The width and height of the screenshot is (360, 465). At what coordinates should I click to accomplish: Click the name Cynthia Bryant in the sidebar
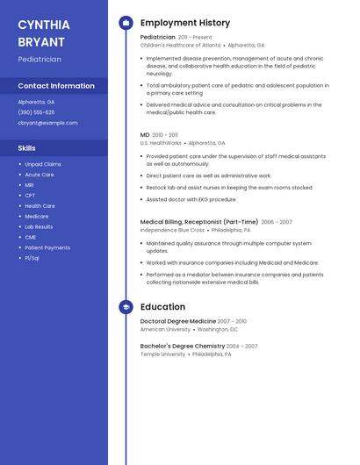pos(44,33)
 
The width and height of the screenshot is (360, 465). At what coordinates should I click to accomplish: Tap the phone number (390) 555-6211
pos(36,112)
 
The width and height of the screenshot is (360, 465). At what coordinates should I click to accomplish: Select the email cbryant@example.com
pos(47,123)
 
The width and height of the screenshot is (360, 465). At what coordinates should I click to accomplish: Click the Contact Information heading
pos(56,86)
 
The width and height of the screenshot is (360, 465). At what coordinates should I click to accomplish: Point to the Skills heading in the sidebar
pos(26,148)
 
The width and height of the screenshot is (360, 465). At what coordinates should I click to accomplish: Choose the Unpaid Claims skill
pos(43,164)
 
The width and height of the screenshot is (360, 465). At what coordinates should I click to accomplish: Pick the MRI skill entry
pos(29,185)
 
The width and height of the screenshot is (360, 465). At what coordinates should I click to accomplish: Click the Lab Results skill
pos(39,226)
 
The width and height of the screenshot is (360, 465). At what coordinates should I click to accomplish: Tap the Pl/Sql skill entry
pos(32,258)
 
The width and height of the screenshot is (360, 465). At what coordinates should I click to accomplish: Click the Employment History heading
pos(185,23)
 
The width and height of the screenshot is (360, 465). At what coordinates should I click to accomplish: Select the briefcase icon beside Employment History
pos(126,23)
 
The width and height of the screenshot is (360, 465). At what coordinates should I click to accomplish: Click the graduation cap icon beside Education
pos(126,307)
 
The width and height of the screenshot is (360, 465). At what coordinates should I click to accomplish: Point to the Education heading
pos(162,307)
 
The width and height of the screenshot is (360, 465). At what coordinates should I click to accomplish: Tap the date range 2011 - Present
pos(195,38)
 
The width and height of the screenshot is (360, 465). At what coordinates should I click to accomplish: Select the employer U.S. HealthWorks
pos(161,142)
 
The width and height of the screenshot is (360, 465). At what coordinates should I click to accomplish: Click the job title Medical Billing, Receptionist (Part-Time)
pos(199,222)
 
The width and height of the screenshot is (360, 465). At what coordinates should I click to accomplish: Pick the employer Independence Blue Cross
pos(172,230)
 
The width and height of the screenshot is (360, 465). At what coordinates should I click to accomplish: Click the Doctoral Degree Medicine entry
pos(177,322)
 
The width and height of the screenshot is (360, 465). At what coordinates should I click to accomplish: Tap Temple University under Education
pos(162,354)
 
